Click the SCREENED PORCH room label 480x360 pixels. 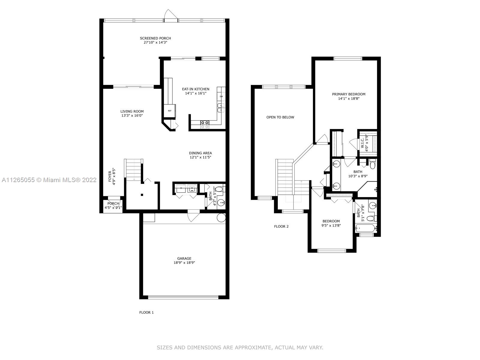[155, 38]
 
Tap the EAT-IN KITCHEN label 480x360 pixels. [196, 89]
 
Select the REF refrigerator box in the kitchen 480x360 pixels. [170, 111]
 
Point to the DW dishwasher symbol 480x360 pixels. [221, 97]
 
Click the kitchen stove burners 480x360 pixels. [205, 124]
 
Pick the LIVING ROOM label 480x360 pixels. [132, 112]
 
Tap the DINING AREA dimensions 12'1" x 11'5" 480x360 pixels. [200, 157]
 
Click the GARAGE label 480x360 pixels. [184, 258]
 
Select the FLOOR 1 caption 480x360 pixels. [146, 313]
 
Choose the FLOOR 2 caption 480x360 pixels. [281, 226]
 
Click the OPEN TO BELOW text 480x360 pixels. [280, 117]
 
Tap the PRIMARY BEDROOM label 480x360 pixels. [349, 94]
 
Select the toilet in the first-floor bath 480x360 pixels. [220, 189]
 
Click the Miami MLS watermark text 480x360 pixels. [49, 180]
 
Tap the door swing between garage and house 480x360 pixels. [193, 216]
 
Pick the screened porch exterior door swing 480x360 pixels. [171, 14]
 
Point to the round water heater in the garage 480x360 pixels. [221, 218]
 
